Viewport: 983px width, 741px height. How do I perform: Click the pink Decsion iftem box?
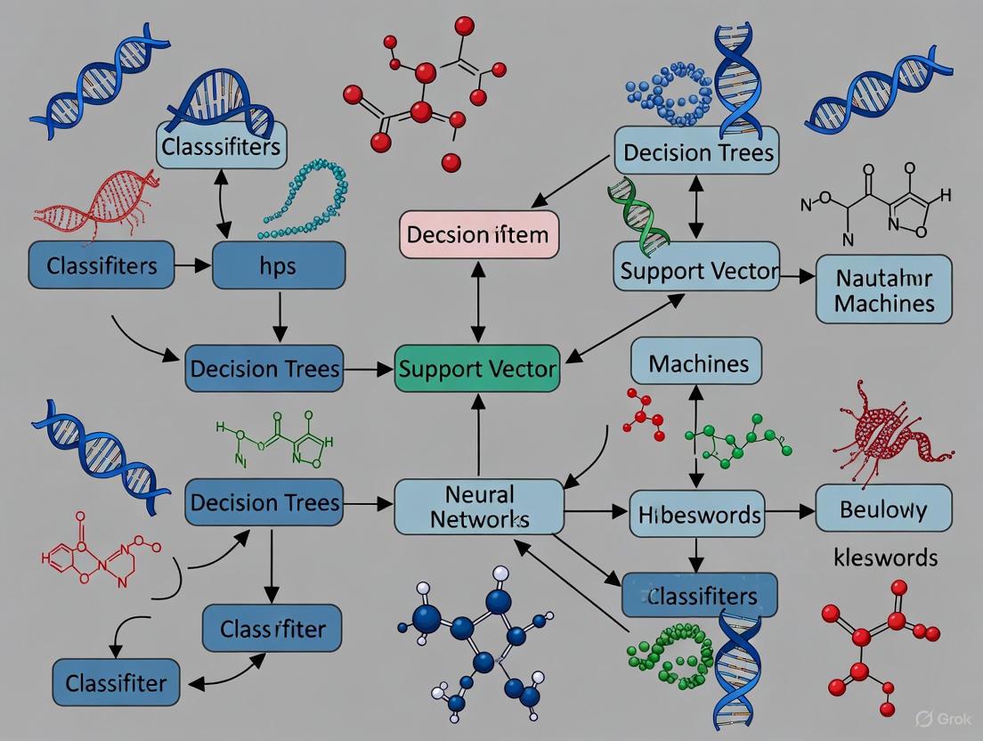point(479,235)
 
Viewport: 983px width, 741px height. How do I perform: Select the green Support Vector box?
point(477,369)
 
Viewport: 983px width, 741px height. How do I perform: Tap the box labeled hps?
point(278,265)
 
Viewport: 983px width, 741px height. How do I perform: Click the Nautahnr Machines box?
point(883,289)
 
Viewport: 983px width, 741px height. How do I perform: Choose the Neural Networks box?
point(478,506)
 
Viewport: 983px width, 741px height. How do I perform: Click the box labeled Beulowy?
point(882,509)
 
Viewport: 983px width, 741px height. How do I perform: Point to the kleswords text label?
point(884,558)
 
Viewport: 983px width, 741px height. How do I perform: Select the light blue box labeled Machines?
point(696,362)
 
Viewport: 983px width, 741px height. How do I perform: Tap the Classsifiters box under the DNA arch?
point(221,145)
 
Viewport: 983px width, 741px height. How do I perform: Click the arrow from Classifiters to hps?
point(191,265)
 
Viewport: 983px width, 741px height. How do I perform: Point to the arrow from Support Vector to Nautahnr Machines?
point(797,277)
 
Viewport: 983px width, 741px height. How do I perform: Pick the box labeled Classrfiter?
point(272,630)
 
